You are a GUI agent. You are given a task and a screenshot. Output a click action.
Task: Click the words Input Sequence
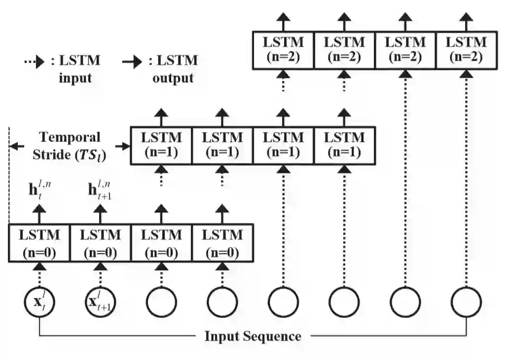pos(253,337)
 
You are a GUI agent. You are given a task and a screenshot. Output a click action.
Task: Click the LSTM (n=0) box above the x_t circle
pos(39,243)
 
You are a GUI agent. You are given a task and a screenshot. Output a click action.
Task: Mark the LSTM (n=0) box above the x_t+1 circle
pos(101,243)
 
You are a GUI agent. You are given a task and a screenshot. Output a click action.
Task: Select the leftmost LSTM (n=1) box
pos(161,145)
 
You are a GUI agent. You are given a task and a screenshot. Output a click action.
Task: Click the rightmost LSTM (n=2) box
pos(466,50)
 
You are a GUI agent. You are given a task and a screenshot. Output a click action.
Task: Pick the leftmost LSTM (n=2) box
pos(283,50)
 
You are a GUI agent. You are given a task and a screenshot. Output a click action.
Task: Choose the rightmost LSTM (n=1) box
pos(344,145)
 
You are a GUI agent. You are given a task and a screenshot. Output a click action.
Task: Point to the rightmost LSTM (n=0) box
pos(222,243)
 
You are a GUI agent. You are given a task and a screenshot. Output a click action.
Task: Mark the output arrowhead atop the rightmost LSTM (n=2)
pos(466,19)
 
